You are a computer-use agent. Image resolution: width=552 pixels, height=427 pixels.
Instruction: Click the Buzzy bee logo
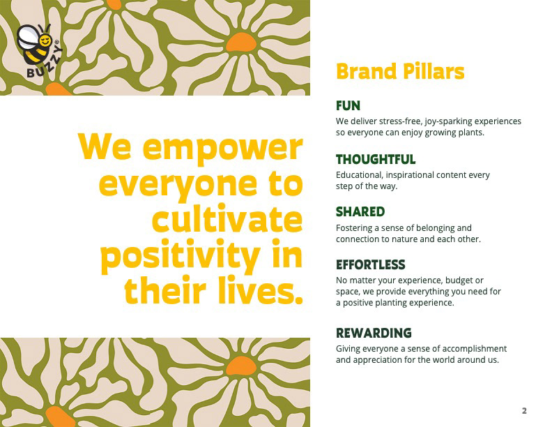40,50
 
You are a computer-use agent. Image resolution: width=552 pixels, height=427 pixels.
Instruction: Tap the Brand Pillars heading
400,72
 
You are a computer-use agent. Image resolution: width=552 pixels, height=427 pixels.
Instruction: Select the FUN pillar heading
348,105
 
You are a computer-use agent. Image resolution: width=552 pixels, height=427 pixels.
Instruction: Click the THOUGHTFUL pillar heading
376,159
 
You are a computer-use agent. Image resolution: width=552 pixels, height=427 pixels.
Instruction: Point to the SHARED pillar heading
360,211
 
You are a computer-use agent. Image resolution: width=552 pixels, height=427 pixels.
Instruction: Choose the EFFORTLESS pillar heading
370,264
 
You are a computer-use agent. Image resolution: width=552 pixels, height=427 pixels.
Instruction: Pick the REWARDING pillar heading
374,333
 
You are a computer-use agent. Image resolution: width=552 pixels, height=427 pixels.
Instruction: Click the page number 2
524,411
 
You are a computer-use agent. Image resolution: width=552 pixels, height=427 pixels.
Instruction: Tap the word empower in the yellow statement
222,149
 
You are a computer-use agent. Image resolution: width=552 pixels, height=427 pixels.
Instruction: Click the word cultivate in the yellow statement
227,218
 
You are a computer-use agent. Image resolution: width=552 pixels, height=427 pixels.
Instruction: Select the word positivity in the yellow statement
181,255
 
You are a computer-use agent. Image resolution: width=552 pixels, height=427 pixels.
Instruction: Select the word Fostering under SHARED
354,228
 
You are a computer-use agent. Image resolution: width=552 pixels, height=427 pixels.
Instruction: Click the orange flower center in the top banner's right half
241,43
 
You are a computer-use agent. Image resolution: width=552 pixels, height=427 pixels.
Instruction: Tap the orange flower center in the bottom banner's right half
241,366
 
